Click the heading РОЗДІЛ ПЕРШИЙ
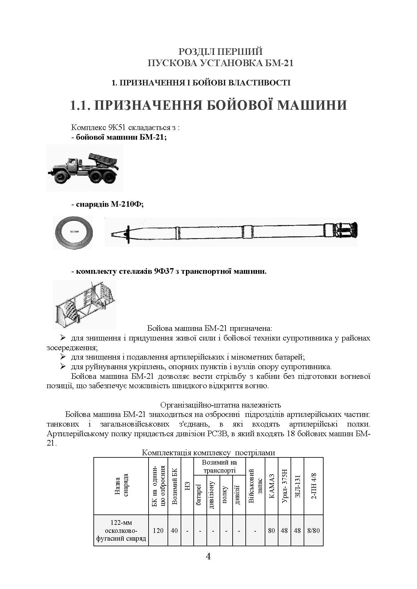pyautogui.click(x=221, y=51)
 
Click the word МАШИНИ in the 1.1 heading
pyautogui.click(x=312, y=105)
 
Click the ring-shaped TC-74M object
pyautogui.click(x=73, y=233)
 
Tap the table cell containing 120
pyautogui.click(x=158, y=530)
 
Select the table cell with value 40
pyautogui.click(x=174, y=530)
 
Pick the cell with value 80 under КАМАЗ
pyautogui.click(x=271, y=530)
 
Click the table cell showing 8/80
pyautogui.click(x=314, y=530)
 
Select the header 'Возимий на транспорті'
pyautogui.click(x=220, y=466)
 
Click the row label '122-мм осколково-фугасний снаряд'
pyautogui.click(x=121, y=530)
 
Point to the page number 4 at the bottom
pyautogui.click(x=208, y=556)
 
